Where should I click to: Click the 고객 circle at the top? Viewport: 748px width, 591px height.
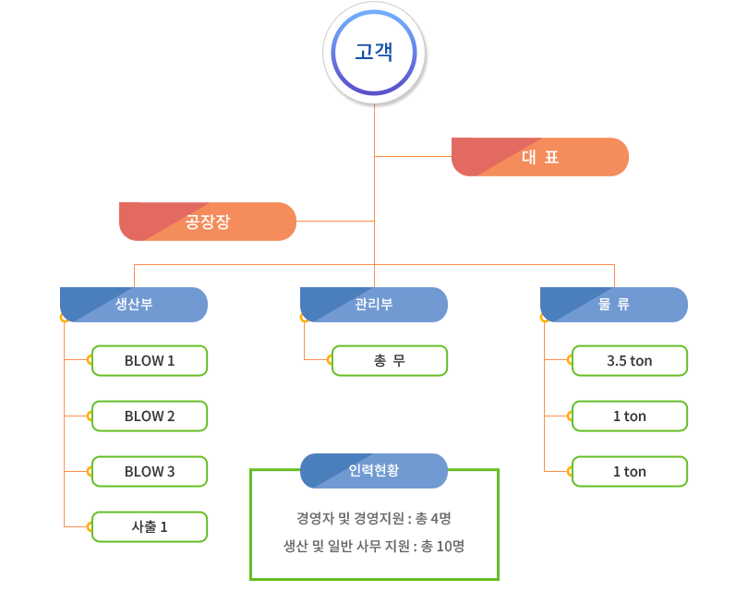pyautogui.click(x=374, y=51)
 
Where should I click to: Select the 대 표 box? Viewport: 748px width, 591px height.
pyautogui.click(x=539, y=157)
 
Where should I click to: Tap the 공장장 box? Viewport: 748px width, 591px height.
pyautogui.click(x=207, y=222)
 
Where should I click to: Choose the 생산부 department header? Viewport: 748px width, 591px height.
pyautogui.click(x=134, y=305)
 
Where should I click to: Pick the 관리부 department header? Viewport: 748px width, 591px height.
pyautogui.click(x=374, y=305)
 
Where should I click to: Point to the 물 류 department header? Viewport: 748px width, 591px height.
pyautogui.click(x=614, y=305)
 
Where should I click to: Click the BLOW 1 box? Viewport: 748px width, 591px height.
pyautogui.click(x=150, y=361)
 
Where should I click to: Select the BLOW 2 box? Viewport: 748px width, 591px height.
pyautogui.click(x=150, y=416)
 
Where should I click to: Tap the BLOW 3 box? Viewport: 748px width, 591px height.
pyautogui.click(x=150, y=472)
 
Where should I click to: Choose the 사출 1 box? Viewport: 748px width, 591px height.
pyautogui.click(x=150, y=527)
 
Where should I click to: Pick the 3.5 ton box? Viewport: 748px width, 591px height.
pyautogui.click(x=630, y=361)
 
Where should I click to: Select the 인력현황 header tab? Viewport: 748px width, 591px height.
pyautogui.click(x=374, y=470)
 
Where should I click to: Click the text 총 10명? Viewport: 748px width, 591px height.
pyautogui.click(x=442, y=546)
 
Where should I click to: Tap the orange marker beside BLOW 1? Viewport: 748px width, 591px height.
pyautogui.click(x=89, y=361)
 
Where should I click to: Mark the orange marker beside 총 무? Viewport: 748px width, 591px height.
pyautogui.click(x=329, y=361)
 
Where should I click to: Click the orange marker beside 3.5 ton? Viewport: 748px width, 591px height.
pyautogui.click(x=569, y=361)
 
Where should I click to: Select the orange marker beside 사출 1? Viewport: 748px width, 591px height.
pyautogui.click(x=89, y=527)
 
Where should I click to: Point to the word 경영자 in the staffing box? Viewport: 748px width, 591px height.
pyautogui.click(x=314, y=518)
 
